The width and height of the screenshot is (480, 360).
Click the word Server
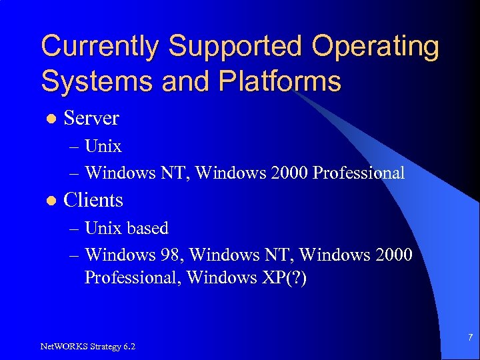(x=91, y=118)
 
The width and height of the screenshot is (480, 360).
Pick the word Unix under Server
(x=103, y=145)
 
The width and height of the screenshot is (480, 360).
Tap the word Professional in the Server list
(x=359, y=173)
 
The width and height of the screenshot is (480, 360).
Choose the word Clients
(x=93, y=200)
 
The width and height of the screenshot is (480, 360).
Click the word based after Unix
(x=147, y=228)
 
